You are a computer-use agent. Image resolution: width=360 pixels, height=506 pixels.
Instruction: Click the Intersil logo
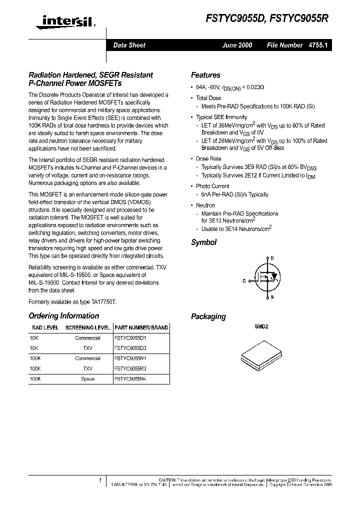tap(58, 21)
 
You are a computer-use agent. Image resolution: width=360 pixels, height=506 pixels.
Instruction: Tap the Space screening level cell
tap(87, 379)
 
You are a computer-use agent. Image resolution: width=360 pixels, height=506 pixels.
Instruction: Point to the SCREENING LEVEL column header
tap(88, 328)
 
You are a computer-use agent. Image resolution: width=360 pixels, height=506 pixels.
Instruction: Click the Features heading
tap(205, 75)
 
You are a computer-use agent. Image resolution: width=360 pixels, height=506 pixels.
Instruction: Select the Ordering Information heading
tap(64, 316)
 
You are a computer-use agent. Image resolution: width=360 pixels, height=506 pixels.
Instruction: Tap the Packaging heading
tap(208, 316)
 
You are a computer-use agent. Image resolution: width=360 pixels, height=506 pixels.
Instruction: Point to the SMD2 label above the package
tap(262, 326)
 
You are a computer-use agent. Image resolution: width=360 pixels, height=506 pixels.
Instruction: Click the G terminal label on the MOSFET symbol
tap(244, 281)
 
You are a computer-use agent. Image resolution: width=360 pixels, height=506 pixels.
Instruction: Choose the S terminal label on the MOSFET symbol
tap(272, 298)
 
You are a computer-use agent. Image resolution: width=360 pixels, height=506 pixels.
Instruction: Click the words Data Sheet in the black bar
tap(129, 45)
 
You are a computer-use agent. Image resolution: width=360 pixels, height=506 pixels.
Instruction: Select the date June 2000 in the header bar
tap(237, 45)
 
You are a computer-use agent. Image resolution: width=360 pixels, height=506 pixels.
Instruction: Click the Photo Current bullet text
tap(212, 186)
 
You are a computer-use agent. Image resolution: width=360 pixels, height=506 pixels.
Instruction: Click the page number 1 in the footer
tap(100, 480)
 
